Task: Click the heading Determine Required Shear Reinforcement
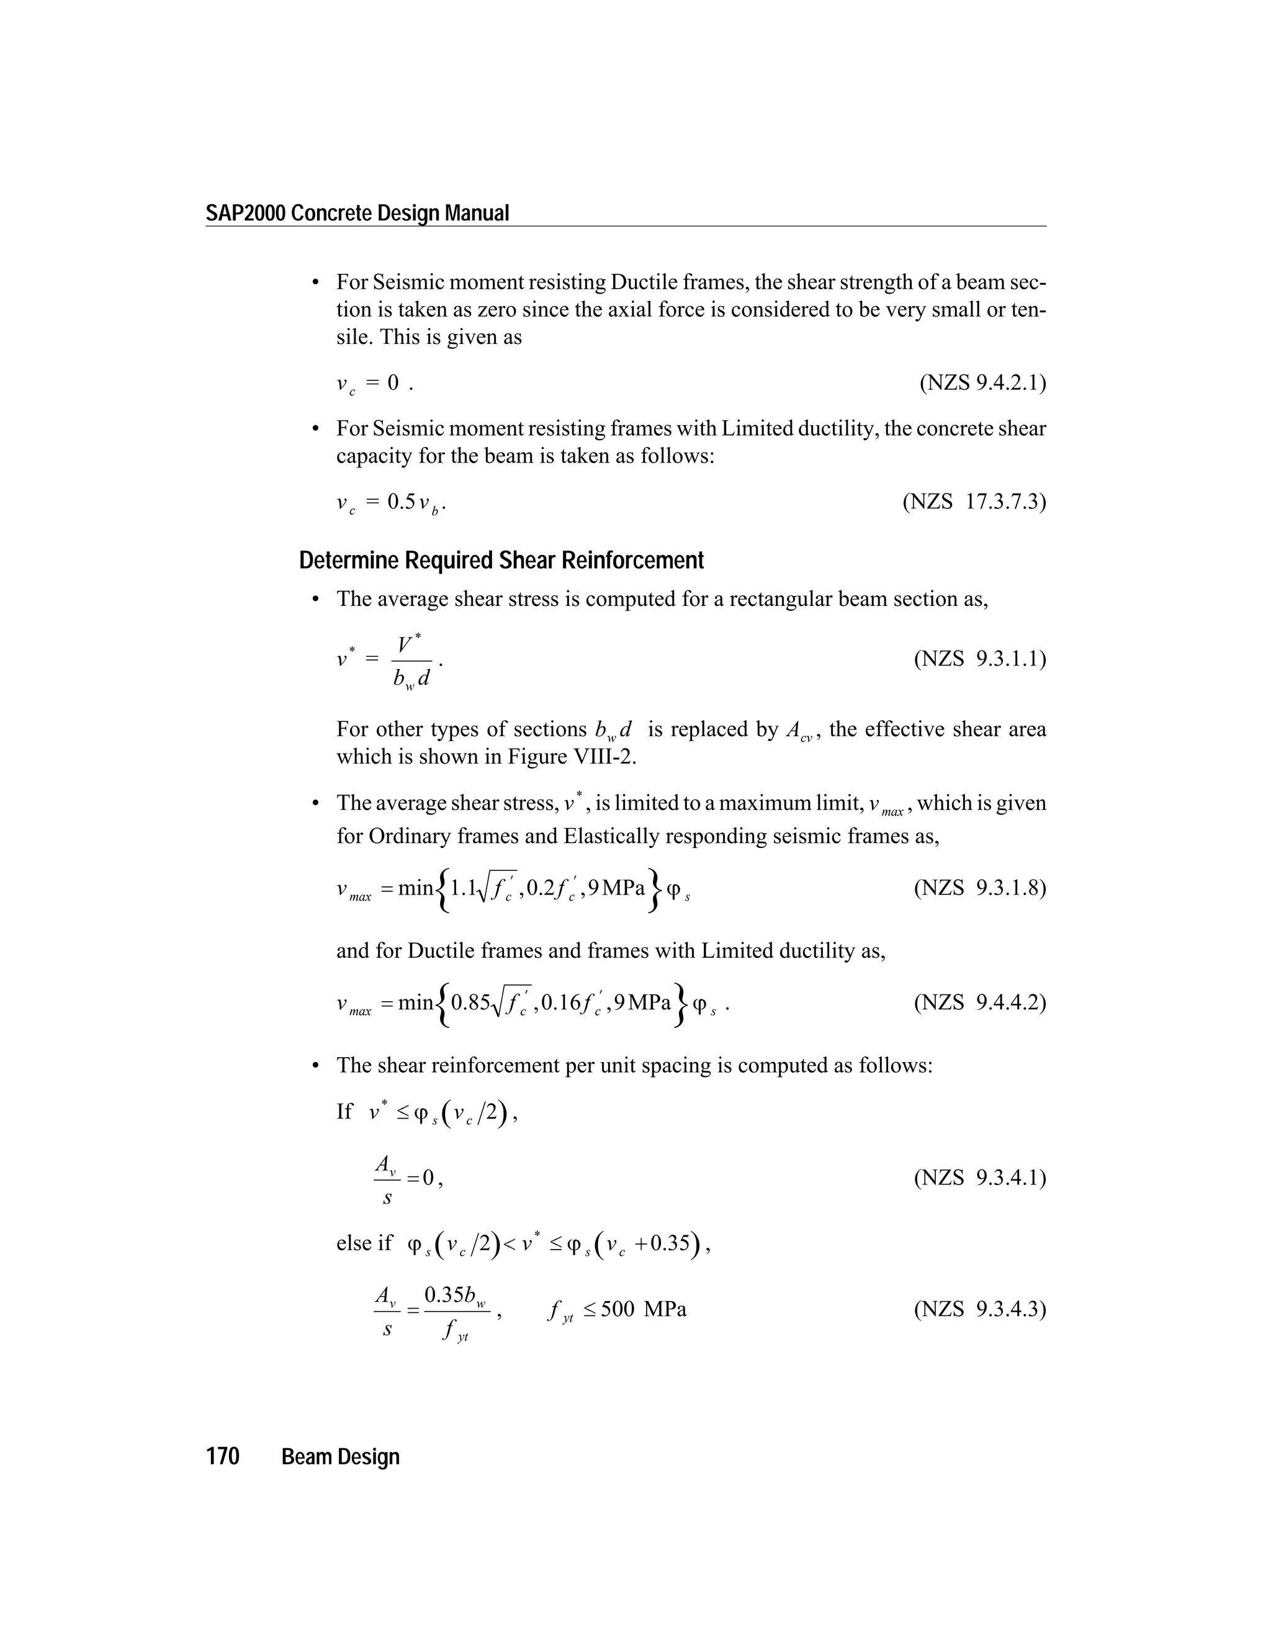pos(501,561)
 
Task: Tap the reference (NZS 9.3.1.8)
pos(979,888)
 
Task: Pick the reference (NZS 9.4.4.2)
pos(979,1003)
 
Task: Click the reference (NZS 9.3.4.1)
pos(979,1177)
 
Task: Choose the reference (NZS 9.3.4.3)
pos(979,1309)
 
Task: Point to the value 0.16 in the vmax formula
pos(561,1003)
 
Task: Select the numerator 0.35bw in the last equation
pos(455,1295)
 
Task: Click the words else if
pos(364,1243)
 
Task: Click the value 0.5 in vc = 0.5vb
pos(402,501)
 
